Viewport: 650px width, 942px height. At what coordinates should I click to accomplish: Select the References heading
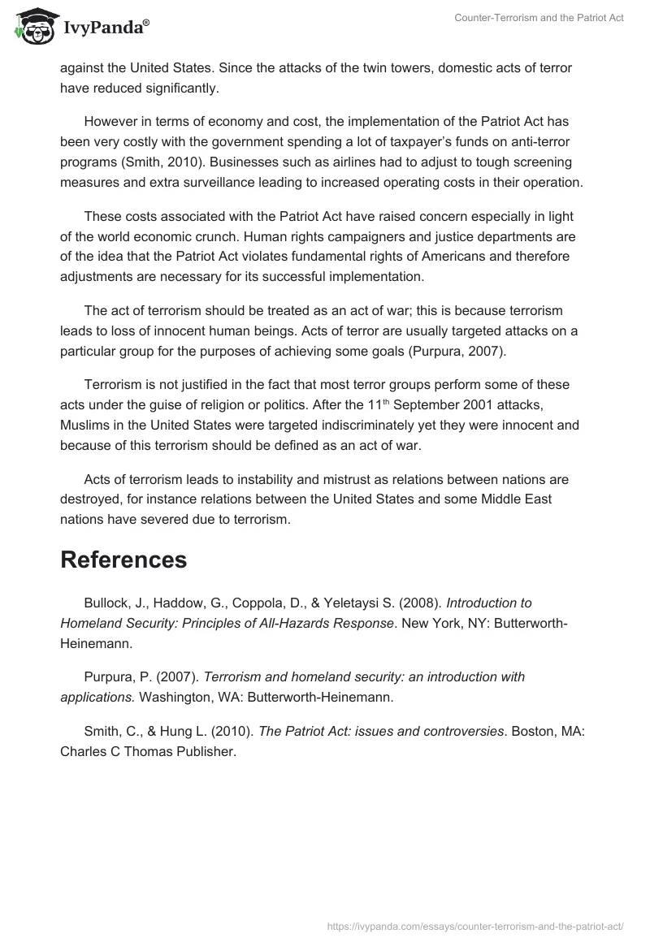pos(123,560)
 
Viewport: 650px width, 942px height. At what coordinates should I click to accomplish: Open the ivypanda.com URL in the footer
pos(474,925)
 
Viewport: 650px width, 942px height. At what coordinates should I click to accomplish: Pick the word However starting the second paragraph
pos(112,122)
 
